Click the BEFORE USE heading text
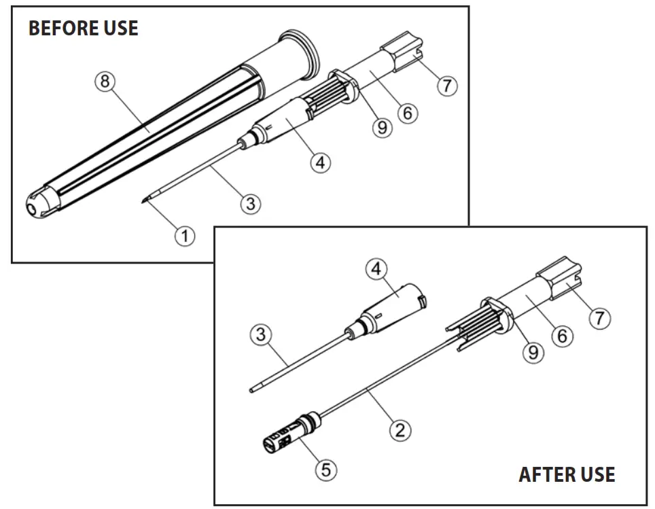point(83,29)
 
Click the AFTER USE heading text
point(567,474)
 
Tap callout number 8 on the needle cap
point(105,82)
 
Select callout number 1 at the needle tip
point(184,236)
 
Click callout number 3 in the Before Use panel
point(251,203)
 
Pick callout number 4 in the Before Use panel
point(320,162)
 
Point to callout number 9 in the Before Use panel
point(383,127)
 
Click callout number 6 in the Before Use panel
point(407,112)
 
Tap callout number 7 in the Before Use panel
point(447,86)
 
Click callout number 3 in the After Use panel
point(260,334)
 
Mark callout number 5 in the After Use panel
point(327,470)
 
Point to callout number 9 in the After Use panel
point(533,352)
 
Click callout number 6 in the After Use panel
point(562,335)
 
